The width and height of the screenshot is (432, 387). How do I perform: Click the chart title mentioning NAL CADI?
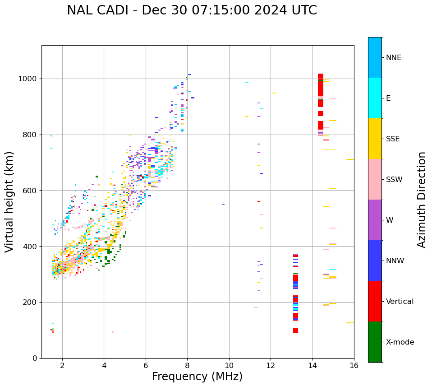point(192,10)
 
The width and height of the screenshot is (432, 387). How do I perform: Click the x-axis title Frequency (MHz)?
point(197,377)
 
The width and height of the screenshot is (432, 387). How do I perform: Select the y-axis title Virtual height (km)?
point(9,202)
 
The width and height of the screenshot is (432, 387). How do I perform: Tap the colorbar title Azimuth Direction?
point(422,200)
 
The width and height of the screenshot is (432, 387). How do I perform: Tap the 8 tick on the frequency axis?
point(187,365)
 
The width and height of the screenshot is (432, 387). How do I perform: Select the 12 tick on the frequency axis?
point(271,365)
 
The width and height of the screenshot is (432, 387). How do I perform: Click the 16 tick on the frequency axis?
point(354,365)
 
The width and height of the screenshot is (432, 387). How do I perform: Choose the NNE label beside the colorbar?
point(394,58)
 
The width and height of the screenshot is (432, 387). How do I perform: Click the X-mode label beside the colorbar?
point(400,342)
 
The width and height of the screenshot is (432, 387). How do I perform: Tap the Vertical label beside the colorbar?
point(400,301)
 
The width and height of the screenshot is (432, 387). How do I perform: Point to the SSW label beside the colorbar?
point(394,179)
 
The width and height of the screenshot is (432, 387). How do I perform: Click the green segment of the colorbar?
point(375,342)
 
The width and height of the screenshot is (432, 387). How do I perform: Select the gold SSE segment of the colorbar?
point(375,139)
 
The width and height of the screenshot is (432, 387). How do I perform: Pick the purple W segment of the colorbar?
point(375,220)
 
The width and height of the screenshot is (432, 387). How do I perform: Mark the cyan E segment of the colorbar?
point(375,98)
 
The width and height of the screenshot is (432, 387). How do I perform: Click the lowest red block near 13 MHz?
point(295,331)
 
